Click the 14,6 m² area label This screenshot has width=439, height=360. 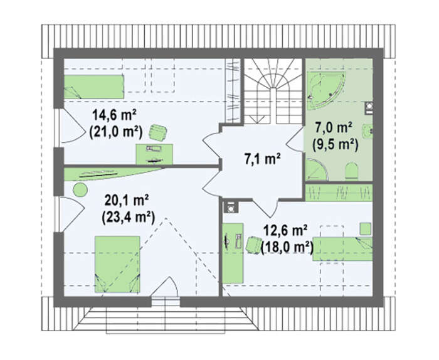(114, 115)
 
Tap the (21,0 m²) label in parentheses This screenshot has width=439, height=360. (115, 132)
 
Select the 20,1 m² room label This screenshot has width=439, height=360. (127, 201)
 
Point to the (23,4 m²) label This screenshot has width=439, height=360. (128, 217)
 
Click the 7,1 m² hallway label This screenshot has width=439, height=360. (263, 159)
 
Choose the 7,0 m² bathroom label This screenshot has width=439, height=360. (334, 128)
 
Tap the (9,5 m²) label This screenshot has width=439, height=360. (335, 145)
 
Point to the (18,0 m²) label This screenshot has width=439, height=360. (287, 247)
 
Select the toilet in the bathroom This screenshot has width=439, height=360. (352, 171)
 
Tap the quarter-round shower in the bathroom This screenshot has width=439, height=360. (316, 169)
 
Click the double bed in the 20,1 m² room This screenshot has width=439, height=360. (117, 265)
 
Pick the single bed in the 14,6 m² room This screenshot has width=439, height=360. (94, 87)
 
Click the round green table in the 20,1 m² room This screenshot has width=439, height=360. (80, 190)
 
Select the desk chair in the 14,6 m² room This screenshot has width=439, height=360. (158, 132)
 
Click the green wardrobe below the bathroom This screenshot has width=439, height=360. (339, 193)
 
